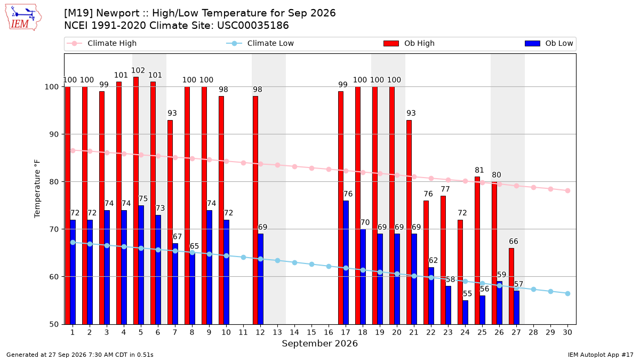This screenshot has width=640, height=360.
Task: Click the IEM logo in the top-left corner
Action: tap(23, 18)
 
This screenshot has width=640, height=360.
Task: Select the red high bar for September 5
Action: tap(136, 201)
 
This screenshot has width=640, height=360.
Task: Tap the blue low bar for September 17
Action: tap(346, 262)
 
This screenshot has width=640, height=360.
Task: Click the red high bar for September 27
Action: tap(511, 286)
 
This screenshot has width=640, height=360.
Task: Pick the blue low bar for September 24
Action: tap(466, 313)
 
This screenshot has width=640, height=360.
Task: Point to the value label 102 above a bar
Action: tap(138, 70)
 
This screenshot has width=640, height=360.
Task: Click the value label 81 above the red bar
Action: tap(479, 170)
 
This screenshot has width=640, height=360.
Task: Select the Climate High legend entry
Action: tap(102, 43)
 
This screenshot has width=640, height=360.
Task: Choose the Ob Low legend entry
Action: tap(549, 43)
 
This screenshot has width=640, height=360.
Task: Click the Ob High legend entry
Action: tap(409, 43)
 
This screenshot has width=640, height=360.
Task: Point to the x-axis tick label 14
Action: tap(294, 332)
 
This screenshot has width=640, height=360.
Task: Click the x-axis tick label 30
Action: tap(567, 332)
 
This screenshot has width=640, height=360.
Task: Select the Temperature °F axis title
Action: tap(37, 189)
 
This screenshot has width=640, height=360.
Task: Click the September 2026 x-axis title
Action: tap(319, 343)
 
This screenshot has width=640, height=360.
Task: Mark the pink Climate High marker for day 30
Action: tap(567, 190)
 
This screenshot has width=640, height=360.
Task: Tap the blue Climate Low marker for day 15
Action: tap(311, 265)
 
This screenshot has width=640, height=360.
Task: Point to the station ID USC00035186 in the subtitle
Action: tap(253, 26)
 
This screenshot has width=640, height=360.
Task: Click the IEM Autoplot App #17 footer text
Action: tap(601, 355)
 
